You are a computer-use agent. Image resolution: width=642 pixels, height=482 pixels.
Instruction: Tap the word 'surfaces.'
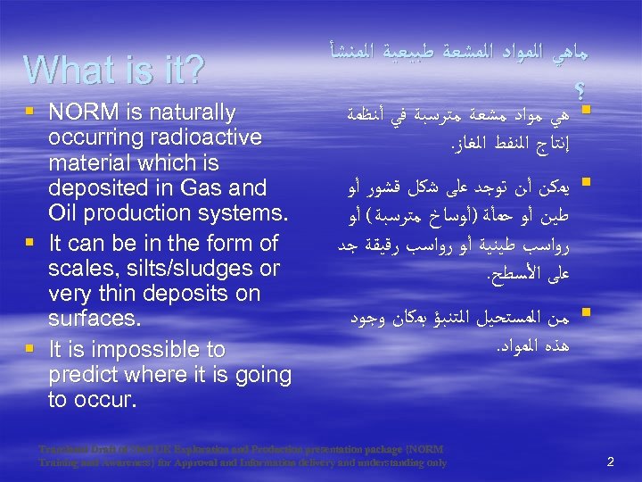click(93, 319)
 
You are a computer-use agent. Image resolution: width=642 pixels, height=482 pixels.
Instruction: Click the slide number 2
click(611, 461)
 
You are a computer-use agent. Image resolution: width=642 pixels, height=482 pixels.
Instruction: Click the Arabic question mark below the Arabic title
click(581, 87)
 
